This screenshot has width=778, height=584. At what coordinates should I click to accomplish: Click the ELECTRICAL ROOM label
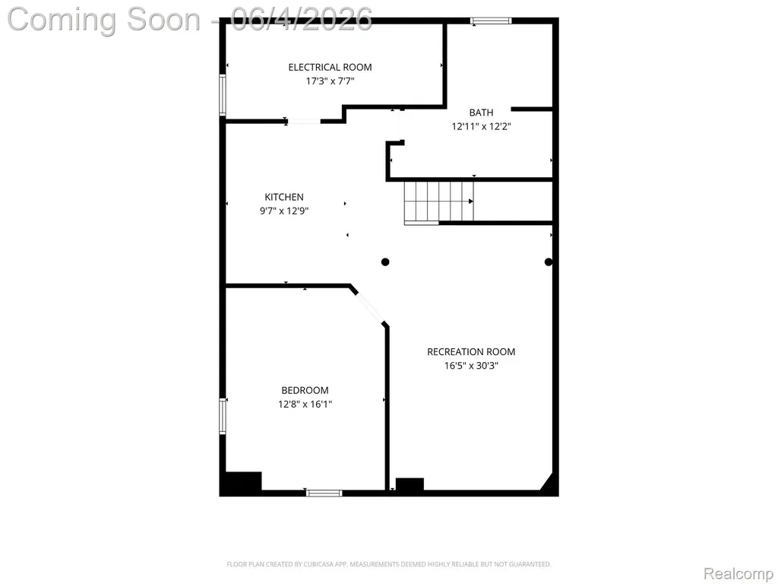[330, 67]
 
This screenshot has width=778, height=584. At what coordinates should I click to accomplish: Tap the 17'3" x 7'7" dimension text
[330, 81]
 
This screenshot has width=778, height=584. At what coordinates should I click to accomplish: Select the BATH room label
[481, 113]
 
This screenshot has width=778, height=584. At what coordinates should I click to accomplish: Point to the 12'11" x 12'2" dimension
[481, 126]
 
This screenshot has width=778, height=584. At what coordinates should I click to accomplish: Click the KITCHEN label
[284, 197]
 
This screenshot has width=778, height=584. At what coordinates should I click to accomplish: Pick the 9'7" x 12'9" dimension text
[284, 211]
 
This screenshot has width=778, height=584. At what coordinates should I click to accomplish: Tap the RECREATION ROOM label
[471, 351]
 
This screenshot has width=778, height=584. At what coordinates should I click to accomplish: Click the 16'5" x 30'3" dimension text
[471, 366]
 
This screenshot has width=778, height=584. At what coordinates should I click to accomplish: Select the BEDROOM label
[305, 390]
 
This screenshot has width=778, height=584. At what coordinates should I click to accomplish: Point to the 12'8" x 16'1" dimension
[305, 405]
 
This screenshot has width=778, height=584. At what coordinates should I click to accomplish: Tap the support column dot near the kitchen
[385, 262]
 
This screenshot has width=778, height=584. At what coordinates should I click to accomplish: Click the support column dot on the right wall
[549, 262]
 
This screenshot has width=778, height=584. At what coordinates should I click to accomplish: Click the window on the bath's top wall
[491, 21]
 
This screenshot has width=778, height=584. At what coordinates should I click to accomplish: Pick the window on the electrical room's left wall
[223, 95]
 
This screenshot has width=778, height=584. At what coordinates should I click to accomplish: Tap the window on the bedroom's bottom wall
[324, 493]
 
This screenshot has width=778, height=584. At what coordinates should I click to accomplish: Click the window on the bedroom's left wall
[223, 417]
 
